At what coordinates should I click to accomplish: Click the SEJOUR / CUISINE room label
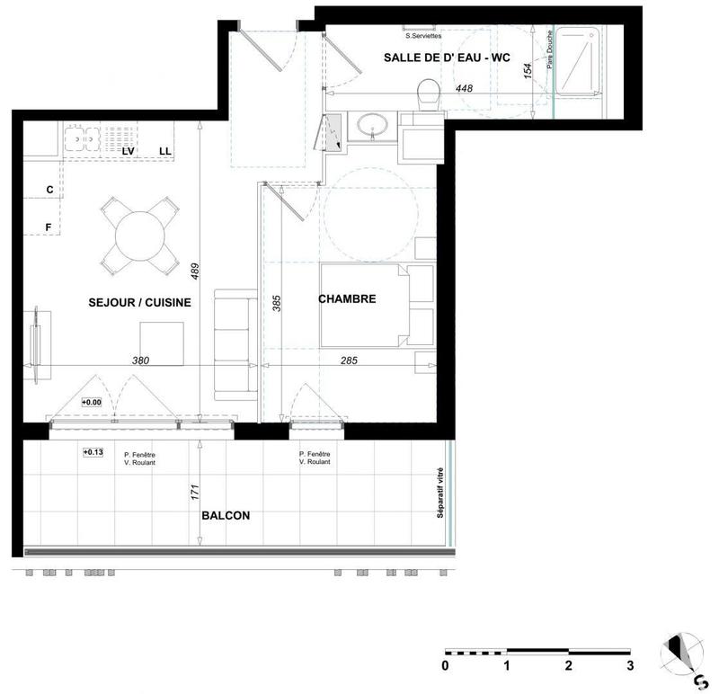pos(138,303)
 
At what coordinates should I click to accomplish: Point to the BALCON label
pos(225,516)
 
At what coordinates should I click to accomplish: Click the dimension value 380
pos(139,360)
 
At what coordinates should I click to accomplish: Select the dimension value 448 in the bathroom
pos(464,88)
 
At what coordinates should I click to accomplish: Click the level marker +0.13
pos(93,451)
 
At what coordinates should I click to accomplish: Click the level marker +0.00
pos(93,403)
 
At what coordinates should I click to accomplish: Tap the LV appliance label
pos(128,151)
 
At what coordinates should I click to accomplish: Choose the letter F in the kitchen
pos(49,227)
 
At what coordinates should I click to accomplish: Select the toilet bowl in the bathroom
pos(429,93)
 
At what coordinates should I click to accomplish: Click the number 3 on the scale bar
pos(631,666)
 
